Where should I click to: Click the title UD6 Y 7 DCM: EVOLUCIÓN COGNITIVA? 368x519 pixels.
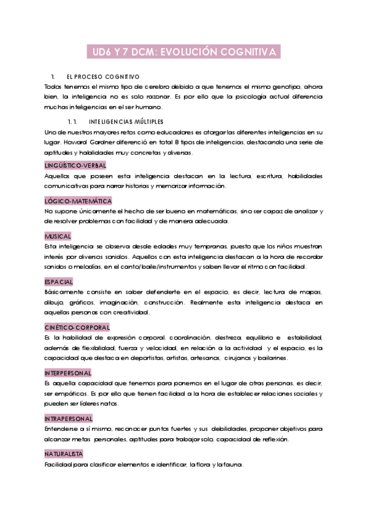point(183,53)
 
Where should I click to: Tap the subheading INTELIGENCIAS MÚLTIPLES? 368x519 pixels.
point(126,121)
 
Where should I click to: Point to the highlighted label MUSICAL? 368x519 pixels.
point(58,236)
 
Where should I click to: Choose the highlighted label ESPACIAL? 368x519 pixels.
point(59,282)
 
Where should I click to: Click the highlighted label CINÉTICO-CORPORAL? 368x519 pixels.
point(77,327)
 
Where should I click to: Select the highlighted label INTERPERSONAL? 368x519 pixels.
point(67,373)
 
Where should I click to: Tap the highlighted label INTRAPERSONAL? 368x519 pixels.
point(68,419)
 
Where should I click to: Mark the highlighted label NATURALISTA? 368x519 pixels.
point(63,454)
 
